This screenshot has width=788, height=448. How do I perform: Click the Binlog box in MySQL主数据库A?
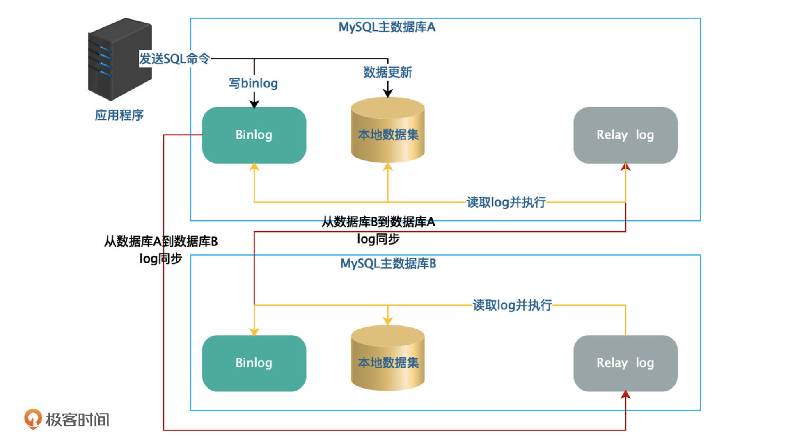[x=254, y=135]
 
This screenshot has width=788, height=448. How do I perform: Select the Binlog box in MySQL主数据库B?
[x=254, y=363]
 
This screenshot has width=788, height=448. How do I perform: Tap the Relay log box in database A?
[x=625, y=135]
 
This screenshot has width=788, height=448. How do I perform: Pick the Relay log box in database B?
[x=625, y=363]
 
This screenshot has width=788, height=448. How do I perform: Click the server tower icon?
[x=119, y=59]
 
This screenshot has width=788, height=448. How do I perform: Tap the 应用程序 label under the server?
[x=119, y=115]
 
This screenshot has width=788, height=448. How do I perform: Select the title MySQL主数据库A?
[x=387, y=27]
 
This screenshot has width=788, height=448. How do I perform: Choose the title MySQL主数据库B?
[x=388, y=263]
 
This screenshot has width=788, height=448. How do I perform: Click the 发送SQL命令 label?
[x=174, y=59]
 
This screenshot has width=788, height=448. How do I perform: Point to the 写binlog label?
[x=253, y=83]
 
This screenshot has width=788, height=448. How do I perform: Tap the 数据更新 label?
[x=387, y=72]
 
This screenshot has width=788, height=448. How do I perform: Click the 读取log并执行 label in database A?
[x=506, y=202]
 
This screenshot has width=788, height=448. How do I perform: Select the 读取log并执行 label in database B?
[x=512, y=305]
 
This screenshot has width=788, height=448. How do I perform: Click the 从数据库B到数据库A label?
[x=378, y=222]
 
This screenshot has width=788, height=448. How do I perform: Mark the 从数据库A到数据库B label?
[x=160, y=242]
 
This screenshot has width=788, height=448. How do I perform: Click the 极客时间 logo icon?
[x=33, y=418]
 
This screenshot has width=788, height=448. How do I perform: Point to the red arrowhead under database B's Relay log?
[x=625, y=395]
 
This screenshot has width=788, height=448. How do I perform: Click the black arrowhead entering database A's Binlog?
[x=254, y=104]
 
